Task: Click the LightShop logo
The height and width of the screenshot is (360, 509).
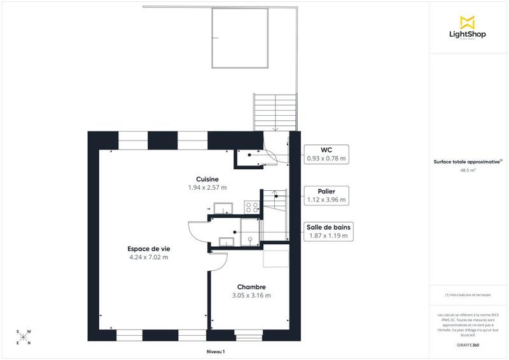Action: pos(468,29)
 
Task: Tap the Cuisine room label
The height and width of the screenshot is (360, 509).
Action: pos(207,179)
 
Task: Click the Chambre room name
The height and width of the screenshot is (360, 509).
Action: pos(251,287)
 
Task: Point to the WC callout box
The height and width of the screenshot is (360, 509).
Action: pos(326,154)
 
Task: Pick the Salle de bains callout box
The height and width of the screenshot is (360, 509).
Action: pos(328,232)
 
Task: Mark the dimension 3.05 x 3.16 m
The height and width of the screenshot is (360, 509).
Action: pos(251,296)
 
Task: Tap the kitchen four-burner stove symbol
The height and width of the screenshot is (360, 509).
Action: pos(251,207)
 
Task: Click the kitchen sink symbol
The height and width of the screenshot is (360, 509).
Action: pos(223,207)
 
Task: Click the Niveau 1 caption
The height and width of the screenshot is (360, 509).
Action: pos(216,351)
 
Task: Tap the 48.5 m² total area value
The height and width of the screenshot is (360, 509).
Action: pos(468,170)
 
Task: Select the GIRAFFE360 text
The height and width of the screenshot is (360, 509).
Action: pos(468,344)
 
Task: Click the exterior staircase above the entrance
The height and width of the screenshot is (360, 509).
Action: pos(275,112)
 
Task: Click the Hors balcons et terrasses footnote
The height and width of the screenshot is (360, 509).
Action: pos(468,295)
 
